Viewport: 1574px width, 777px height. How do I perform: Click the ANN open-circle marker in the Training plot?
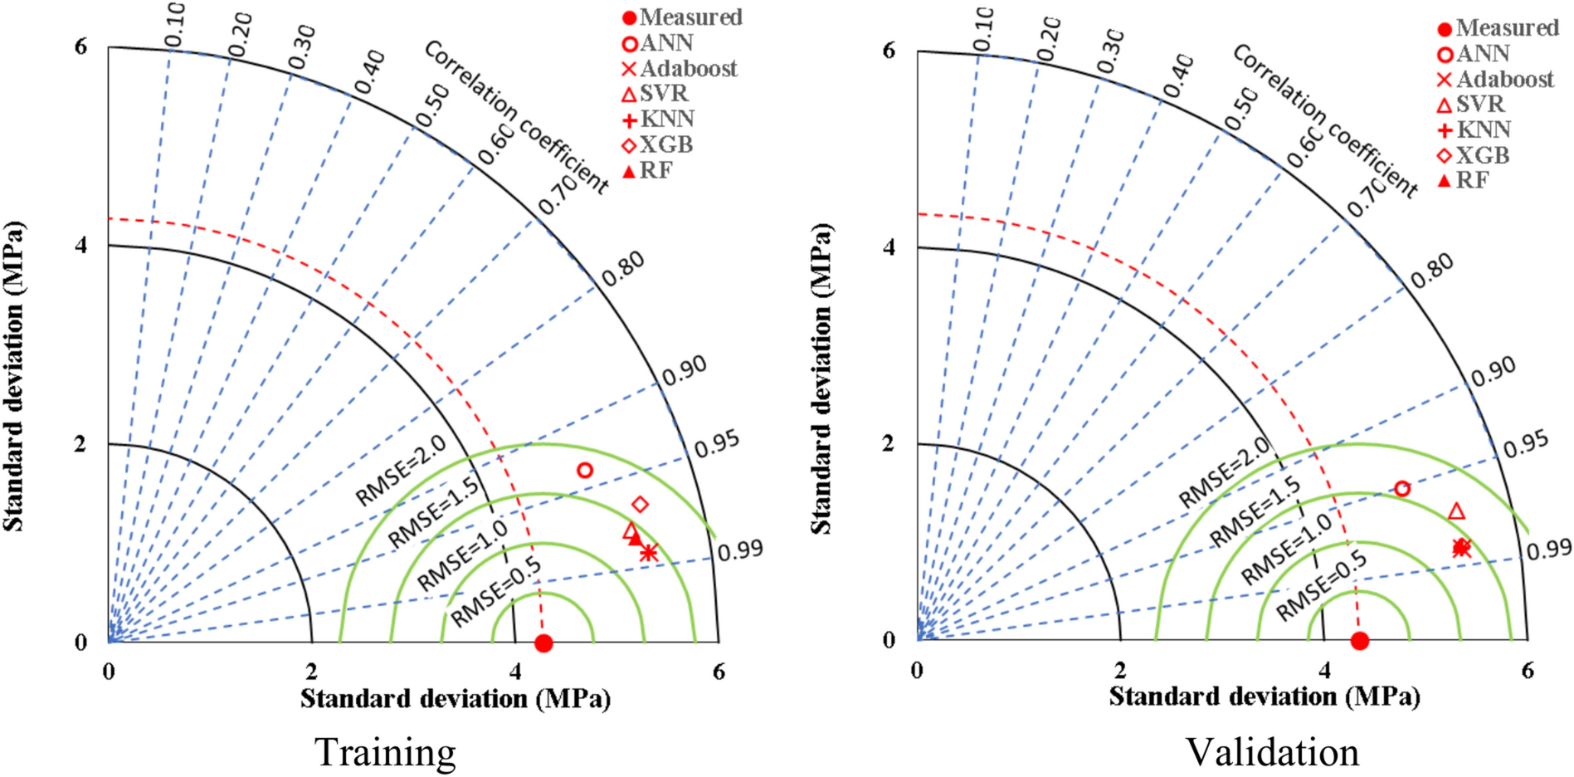pyautogui.click(x=585, y=470)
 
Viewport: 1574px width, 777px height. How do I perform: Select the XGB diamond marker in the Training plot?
pyautogui.click(x=640, y=504)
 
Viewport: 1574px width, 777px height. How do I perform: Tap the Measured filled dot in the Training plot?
pyautogui.click(x=543, y=643)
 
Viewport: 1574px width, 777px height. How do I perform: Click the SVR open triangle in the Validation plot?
pyautogui.click(x=1456, y=511)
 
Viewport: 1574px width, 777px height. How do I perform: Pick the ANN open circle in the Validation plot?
pyautogui.click(x=1401, y=488)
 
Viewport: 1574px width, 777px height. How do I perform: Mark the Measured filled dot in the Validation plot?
pyautogui.click(x=1359, y=640)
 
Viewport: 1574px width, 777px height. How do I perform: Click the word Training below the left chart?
pyautogui.click(x=385, y=752)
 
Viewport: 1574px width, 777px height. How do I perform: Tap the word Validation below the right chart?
pyautogui.click(x=1272, y=752)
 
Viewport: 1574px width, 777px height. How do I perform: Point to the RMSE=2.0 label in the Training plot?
pyautogui.click(x=401, y=470)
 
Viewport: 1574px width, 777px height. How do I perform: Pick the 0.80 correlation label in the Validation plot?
pyautogui.click(x=1433, y=270)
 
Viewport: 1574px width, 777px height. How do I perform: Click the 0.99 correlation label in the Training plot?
pyautogui.click(x=740, y=550)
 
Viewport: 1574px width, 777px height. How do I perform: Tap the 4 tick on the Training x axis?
pyautogui.click(x=515, y=672)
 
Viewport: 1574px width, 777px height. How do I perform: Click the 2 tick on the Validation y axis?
pyautogui.click(x=889, y=442)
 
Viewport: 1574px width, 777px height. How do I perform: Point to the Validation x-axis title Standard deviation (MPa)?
pyautogui.click(x=1264, y=696)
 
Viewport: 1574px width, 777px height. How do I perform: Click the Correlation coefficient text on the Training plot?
pyautogui.click(x=516, y=117)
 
